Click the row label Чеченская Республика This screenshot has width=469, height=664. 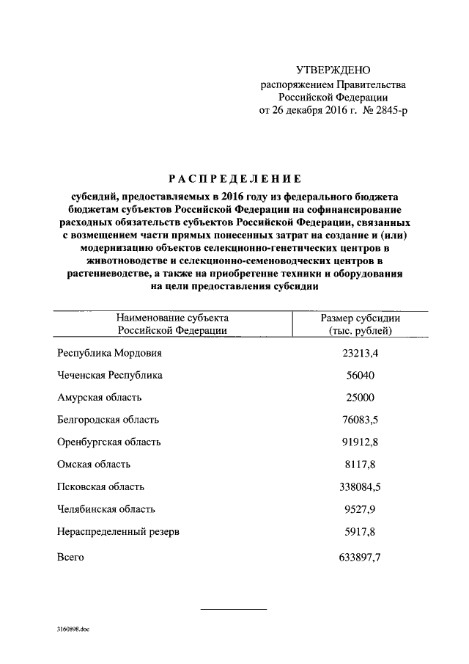click(110, 375)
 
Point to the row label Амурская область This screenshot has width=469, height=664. click(99, 398)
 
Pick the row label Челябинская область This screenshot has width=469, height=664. click(106, 508)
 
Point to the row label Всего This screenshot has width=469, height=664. click(71, 557)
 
